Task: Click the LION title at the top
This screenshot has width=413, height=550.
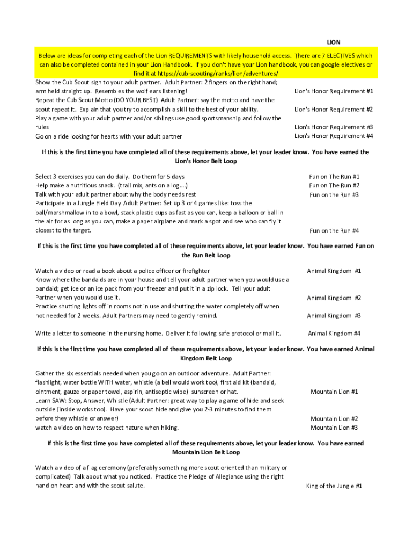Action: point(334,42)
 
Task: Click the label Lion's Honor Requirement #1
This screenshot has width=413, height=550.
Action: point(334,91)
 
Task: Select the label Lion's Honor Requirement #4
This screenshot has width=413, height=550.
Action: point(334,136)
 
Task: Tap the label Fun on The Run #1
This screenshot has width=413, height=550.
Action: point(334,177)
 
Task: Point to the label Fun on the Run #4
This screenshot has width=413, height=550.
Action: point(334,231)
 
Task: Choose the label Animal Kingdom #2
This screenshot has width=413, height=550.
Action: point(334,298)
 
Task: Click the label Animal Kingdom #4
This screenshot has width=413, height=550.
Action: point(334,334)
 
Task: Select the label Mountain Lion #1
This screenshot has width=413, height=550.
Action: point(334,392)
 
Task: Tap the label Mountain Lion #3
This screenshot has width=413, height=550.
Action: point(334,428)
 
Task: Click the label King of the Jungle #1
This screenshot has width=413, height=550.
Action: point(334,486)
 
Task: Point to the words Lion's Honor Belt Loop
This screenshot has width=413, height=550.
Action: point(205,161)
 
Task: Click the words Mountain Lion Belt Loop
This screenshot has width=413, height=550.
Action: point(205,452)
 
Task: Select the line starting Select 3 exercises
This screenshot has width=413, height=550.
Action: point(110,177)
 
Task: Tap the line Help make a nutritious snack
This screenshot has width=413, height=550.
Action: point(112,186)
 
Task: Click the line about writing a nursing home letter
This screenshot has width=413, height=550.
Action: point(158,334)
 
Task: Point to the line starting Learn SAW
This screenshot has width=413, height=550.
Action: point(159,401)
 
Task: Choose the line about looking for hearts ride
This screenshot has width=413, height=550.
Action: point(109,136)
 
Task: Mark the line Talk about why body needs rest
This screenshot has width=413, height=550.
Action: point(115,194)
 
